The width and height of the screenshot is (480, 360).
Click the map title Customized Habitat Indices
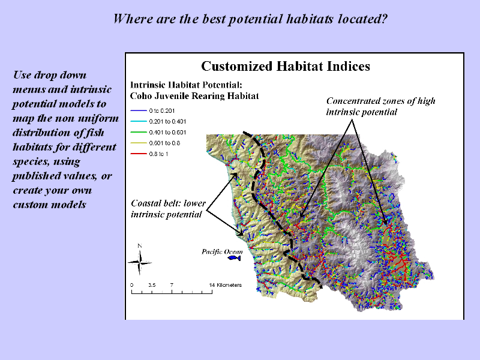pos(286,66)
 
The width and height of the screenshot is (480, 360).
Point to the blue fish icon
pos(234,258)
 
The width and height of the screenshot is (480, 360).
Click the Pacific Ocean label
pos(222,251)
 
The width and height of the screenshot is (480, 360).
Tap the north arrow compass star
pos(140,262)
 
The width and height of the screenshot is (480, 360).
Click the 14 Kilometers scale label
pos(226,285)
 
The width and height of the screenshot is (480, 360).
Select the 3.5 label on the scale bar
pos(152,285)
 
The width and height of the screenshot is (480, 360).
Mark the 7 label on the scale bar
pos(172,285)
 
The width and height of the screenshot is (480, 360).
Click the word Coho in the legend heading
pos(141,96)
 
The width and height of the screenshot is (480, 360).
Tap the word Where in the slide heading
pos(133,19)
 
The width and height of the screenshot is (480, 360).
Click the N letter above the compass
pos(140,246)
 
